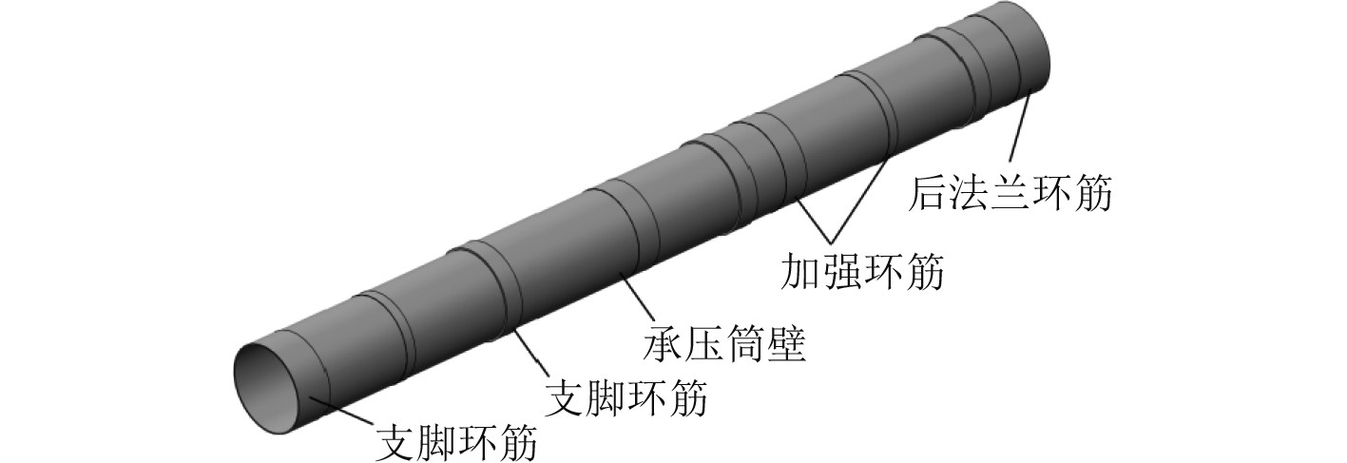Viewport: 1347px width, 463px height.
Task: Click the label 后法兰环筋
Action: pos(1010,194)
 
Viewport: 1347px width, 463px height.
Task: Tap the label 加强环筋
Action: pos(862,272)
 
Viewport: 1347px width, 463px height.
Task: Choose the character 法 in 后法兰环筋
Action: pos(971,194)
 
